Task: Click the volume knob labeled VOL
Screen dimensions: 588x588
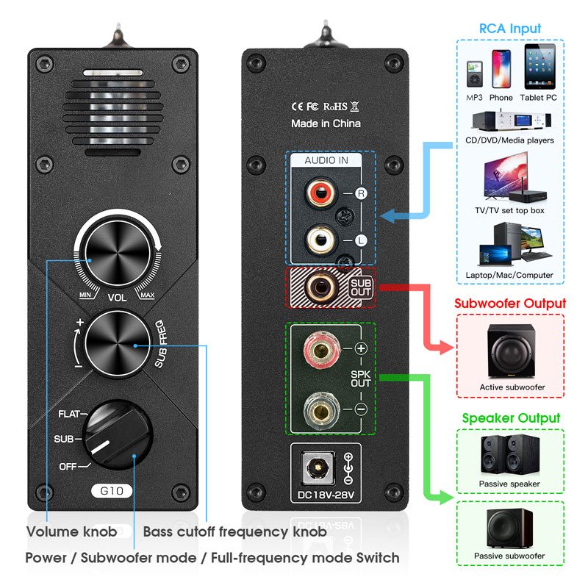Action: (118, 253)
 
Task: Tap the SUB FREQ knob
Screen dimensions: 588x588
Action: (118, 343)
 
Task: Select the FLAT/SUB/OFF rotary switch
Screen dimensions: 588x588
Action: (118, 435)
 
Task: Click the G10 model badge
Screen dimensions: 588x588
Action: (112, 491)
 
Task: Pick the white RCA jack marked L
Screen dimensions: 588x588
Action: (320, 240)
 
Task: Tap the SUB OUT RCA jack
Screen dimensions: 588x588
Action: (320, 287)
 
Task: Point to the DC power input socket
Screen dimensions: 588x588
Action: (318, 467)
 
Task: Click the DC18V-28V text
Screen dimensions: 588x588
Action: (326, 495)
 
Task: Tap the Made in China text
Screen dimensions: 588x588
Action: (326, 123)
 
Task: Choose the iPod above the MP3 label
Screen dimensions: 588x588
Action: (474, 74)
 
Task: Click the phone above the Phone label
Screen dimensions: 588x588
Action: (501, 69)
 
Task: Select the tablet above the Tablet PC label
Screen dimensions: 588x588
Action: (540, 66)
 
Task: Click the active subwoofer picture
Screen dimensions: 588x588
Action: (511, 351)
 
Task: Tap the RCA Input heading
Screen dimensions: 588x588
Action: (510, 29)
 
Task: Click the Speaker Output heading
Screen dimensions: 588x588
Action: (511, 417)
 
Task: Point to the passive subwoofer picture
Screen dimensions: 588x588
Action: (509, 528)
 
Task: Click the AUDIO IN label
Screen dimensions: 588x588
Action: (326, 160)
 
